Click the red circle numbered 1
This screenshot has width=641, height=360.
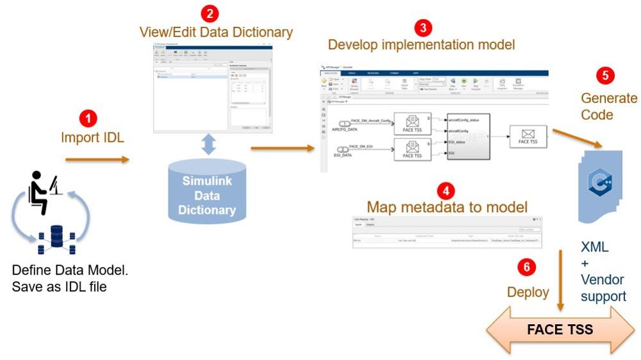pos(88,119)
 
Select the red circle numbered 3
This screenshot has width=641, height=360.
pos(422,28)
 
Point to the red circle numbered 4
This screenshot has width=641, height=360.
pos(447,190)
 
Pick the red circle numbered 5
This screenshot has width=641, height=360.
pos(604,76)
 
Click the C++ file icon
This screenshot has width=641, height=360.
pos(600,183)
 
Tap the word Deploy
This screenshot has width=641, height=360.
pos(528,292)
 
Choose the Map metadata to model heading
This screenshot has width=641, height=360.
pos(447,208)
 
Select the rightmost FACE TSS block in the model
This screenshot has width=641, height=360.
pos(528,137)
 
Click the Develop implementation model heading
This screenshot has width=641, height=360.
pos(421,45)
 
